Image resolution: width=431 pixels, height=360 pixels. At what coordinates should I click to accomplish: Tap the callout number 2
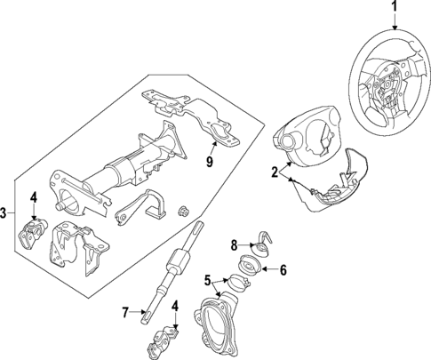click(x=275, y=173)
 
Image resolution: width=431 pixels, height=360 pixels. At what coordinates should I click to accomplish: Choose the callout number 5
click(x=208, y=281)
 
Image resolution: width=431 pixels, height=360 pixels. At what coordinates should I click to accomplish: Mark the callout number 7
click(x=125, y=311)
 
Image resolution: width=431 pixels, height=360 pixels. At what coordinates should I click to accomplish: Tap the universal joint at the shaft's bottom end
click(x=161, y=339)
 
